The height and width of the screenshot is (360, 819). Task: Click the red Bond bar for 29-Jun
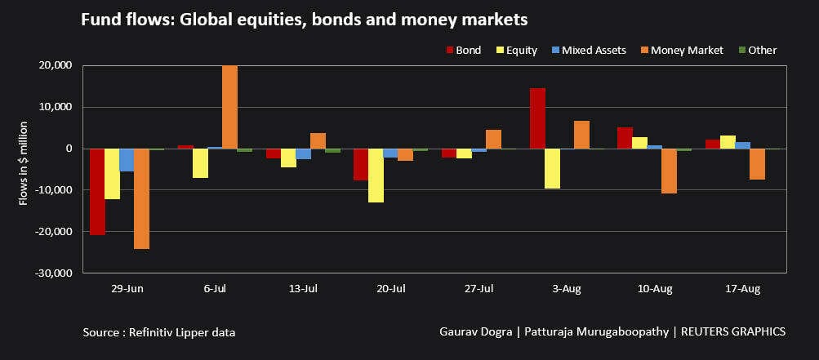97,192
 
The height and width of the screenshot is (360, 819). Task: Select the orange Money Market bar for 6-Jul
230,107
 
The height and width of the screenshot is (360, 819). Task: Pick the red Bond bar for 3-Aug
537,118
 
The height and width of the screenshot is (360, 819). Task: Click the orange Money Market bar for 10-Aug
669,171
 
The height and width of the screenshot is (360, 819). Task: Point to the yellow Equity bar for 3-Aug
552,168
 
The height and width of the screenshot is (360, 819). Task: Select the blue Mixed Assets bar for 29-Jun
127,160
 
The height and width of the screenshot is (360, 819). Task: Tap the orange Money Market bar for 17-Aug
757,164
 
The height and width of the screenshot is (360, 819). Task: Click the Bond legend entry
463,51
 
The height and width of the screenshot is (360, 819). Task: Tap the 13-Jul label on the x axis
303,289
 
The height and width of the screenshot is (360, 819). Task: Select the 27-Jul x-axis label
478,289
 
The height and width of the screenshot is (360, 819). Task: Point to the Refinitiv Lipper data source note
164,332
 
